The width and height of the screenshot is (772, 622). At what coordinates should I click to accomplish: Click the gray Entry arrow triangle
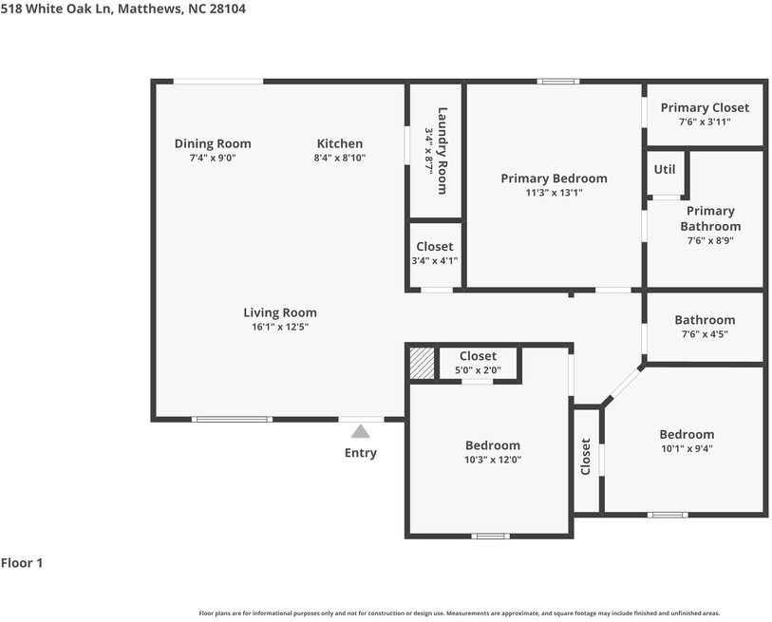click(x=361, y=431)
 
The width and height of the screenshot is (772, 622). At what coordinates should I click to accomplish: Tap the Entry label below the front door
click(x=361, y=453)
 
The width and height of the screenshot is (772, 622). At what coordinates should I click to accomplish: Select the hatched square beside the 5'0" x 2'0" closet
click(x=423, y=364)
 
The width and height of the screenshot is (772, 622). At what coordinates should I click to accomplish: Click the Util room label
click(x=664, y=169)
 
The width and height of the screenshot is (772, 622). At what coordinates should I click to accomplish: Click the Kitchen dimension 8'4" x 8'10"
click(x=340, y=158)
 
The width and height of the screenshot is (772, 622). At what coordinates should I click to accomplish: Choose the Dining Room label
click(x=213, y=143)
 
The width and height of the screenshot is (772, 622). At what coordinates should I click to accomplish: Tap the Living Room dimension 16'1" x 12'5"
click(x=280, y=327)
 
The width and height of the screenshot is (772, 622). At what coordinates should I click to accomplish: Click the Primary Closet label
click(x=705, y=108)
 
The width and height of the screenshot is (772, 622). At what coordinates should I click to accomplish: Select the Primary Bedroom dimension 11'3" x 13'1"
click(x=554, y=193)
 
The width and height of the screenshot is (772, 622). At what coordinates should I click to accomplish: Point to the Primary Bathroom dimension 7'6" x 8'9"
click(x=710, y=241)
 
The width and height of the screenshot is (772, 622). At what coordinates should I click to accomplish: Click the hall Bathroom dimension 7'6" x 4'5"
click(x=705, y=334)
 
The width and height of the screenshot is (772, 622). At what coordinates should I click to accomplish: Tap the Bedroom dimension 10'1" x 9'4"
click(x=687, y=448)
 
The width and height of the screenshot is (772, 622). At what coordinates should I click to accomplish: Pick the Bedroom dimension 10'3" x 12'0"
click(x=492, y=460)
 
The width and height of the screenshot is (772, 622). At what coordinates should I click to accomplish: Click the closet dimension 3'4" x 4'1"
click(x=435, y=260)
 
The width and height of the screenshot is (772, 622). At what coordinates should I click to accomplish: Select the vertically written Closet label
click(x=585, y=457)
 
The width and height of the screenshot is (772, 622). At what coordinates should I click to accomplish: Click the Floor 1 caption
click(x=22, y=563)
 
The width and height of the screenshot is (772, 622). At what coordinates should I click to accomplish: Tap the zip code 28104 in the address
click(x=228, y=9)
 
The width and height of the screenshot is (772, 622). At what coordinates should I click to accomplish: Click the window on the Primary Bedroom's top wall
click(x=557, y=82)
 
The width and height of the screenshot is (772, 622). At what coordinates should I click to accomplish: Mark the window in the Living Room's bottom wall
click(x=232, y=420)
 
